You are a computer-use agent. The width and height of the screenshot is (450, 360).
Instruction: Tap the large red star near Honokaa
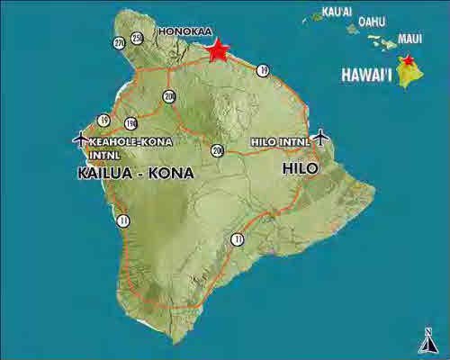click(x=217, y=49)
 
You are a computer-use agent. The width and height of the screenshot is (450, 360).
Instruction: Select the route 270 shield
click(x=120, y=42)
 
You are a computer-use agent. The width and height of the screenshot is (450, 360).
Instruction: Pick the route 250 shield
click(x=137, y=37)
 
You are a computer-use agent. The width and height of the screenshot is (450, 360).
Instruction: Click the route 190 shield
click(x=130, y=122)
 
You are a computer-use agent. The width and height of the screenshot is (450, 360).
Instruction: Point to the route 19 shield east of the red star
click(x=263, y=69)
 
